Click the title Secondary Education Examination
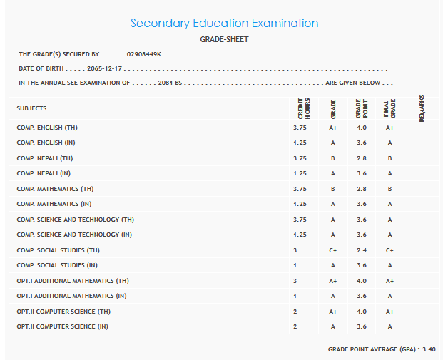click(x=224, y=24)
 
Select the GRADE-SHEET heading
click(x=224, y=40)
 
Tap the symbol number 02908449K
click(x=145, y=54)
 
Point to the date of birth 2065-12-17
click(x=106, y=68)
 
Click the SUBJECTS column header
click(x=31, y=108)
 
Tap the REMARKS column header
click(x=422, y=108)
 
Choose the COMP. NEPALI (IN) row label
click(x=44, y=173)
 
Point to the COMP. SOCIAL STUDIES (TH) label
click(x=58, y=250)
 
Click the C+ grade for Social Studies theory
click(x=332, y=250)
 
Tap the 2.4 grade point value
click(x=361, y=250)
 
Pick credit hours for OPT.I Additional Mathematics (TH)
click(x=295, y=281)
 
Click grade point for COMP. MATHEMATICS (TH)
click(x=361, y=189)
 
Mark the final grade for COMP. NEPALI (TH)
click(x=389, y=158)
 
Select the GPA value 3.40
click(x=428, y=349)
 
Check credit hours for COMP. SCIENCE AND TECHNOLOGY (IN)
click(x=300, y=235)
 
